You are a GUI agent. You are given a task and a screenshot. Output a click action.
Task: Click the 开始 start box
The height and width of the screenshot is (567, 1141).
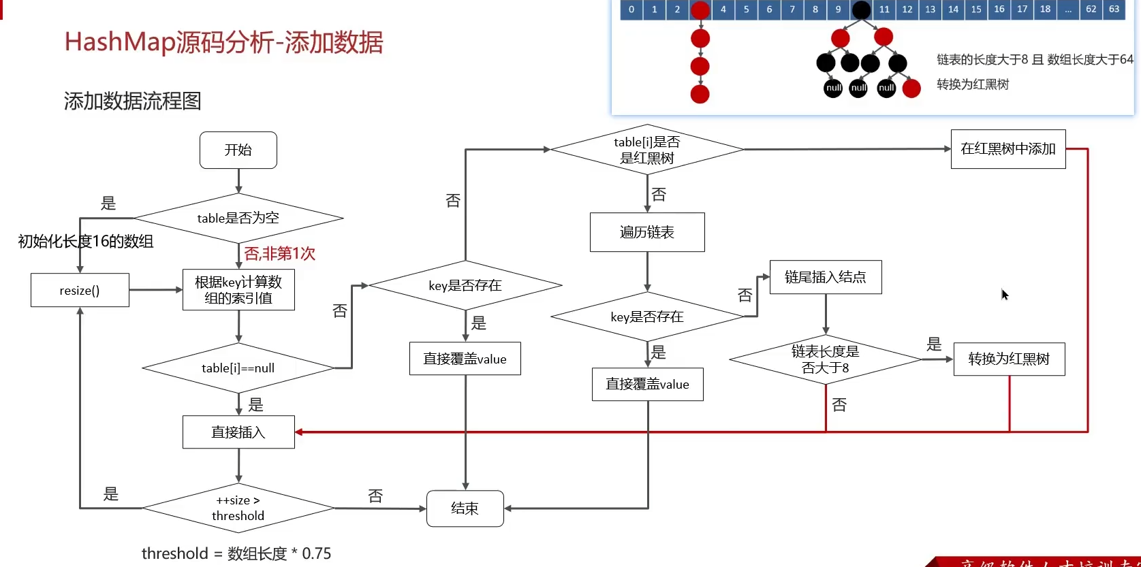(x=238, y=150)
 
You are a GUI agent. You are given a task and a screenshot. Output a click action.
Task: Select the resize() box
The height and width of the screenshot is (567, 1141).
(x=80, y=291)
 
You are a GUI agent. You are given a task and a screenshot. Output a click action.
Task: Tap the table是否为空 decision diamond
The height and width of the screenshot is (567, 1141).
(x=238, y=218)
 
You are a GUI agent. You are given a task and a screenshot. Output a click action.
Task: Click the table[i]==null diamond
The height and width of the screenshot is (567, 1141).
(x=238, y=368)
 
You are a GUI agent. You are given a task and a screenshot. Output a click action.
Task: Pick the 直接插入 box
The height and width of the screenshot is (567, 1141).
(x=238, y=432)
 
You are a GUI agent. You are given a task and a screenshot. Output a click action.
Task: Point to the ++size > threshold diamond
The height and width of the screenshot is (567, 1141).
(x=238, y=508)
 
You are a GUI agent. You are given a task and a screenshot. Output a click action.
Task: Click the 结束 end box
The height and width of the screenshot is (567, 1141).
(x=465, y=508)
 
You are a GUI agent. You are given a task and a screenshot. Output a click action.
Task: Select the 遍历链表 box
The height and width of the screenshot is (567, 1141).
(x=647, y=232)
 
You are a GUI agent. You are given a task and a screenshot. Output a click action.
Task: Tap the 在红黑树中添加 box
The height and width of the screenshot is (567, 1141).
(x=1008, y=149)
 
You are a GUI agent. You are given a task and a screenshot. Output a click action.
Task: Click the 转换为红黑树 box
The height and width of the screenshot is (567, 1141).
(x=1009, y=359)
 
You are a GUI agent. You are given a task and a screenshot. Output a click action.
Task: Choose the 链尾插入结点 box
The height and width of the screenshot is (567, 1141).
(x=826, y=277)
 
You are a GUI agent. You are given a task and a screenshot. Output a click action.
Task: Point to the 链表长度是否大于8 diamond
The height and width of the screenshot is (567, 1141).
(x=826, y=359)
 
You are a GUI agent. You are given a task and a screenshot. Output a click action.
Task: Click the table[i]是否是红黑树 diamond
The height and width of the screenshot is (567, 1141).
(x=647, y=150)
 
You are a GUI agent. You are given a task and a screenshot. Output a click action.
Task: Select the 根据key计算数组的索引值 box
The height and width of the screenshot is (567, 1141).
(x=238, y=290)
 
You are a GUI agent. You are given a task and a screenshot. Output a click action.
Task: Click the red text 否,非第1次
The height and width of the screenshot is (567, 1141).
(x=280, y=254)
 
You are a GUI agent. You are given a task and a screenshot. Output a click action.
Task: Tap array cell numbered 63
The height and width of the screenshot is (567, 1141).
(x=1114, y=10)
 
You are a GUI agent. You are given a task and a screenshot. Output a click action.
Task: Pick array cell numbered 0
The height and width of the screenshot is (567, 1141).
(x=631, y=10)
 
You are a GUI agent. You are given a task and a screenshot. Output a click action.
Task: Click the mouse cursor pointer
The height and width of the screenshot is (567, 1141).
(x=1004, y=294)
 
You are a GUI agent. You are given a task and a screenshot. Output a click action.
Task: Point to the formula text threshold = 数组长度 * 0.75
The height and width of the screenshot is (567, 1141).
(x=236, y=553)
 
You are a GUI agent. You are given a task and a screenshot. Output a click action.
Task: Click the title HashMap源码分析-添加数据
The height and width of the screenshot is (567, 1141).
(x=223, y=42)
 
